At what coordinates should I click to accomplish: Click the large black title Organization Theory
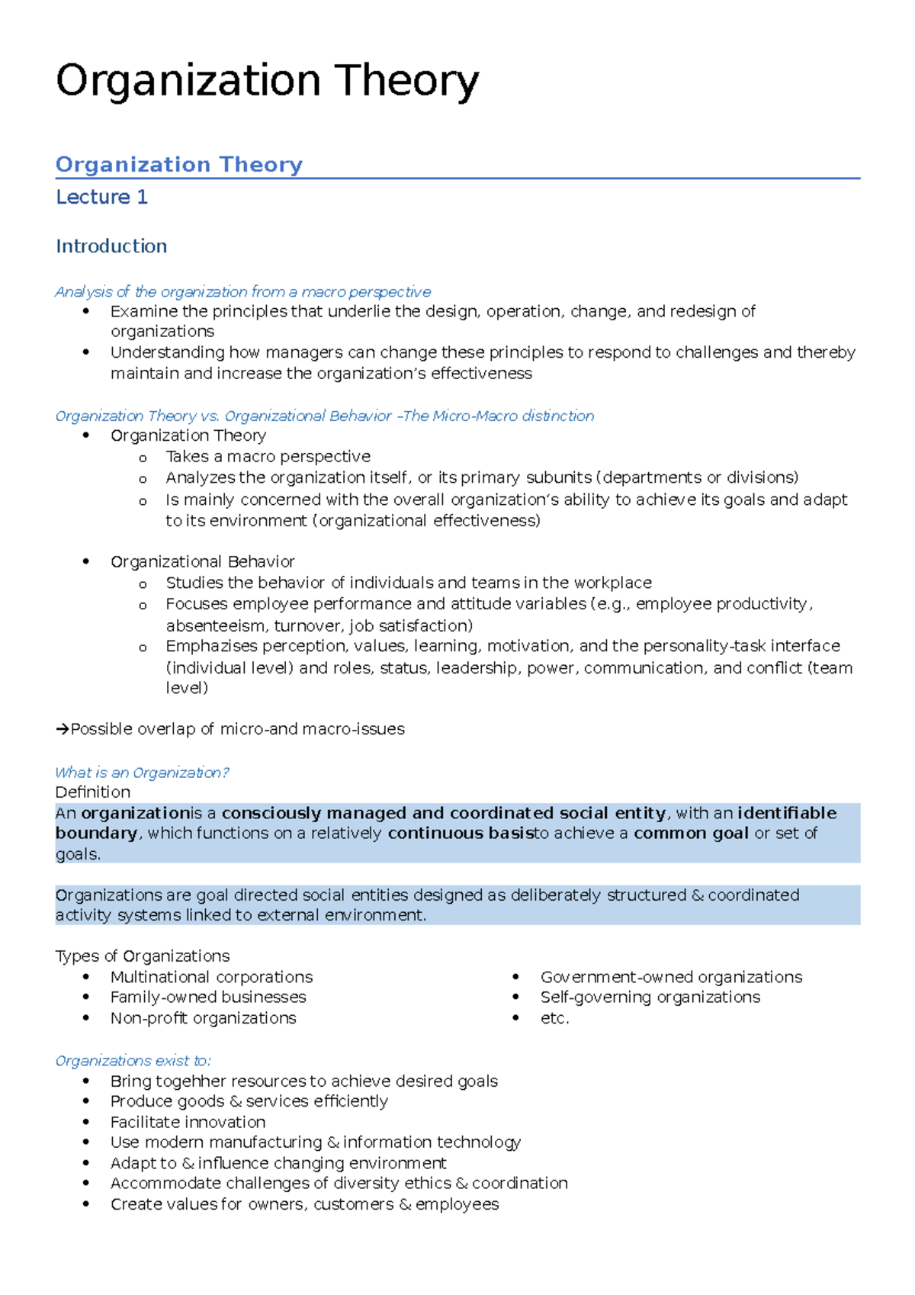pyautogui.click(x=267, y=81)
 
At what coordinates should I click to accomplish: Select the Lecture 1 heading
pyautogui.click(x=101, y=197)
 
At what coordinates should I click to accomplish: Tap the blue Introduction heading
pyautogui.click(x=111, y=246)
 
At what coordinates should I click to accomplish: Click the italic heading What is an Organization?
pyautogui.click(x=142, y=773)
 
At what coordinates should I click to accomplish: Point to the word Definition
pyautogui.click(x=92, y=792)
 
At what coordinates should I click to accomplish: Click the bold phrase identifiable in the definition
pyautogui.click(x=787, y=813)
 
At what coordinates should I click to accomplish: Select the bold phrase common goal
pyautogui.click(x=691, y=833)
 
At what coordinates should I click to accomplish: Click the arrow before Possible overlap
pyautogui.click(x=63, y=729)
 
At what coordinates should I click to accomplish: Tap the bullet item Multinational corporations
pyautogui.click(x=211, y=977)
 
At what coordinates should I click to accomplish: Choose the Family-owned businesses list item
pyautogui.click(x=208, y=998)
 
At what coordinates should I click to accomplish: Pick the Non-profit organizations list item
pyautogui.click(x=203, y=1018)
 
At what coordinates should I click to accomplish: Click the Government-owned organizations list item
pyautogui.click(x=671, y=977)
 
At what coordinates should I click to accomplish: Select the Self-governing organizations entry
pyautogui.click(x=650, y=998)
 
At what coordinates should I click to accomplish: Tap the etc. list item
pyautogui.click(x=554, y=1018)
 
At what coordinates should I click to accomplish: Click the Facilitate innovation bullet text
pyautogui.click(x=188, y=1122)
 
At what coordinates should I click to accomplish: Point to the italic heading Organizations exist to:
pyautogui.click(x=133, y=1061)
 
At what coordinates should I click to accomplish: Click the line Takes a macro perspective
pyautogui.click(x=268, y=457)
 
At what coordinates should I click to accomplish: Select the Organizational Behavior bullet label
pyautogui.click(x=202, y=562)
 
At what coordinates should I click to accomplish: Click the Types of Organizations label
pyautogui.click(x=142, y=956)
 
